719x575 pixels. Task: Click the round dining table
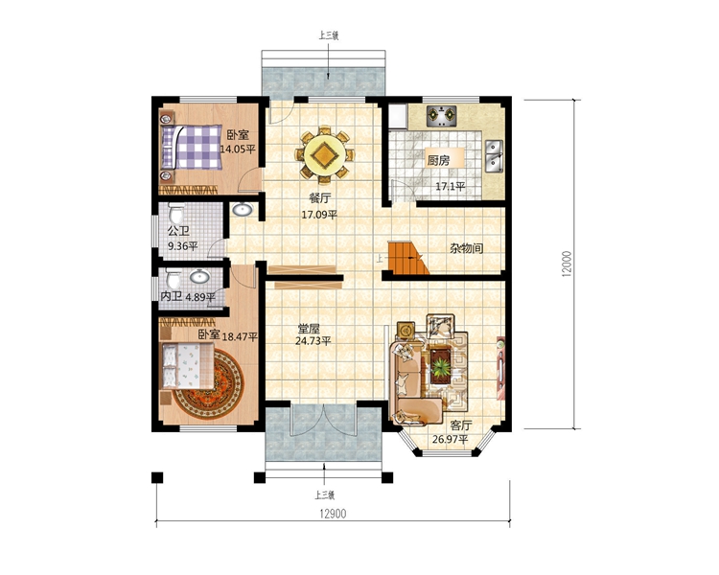(325, 154)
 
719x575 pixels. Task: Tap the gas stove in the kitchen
(441, 116)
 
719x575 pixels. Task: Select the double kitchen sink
(494, 156)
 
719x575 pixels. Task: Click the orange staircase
(408, 258)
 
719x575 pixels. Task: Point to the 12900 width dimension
(333, 514)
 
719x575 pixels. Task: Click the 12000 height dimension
(567, 264)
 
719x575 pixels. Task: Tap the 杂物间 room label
(466, 248)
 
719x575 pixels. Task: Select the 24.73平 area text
(313, 341)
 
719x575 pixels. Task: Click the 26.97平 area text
(451, 439)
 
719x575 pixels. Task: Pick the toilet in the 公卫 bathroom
(175, 213)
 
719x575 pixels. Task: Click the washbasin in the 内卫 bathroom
(200, 277)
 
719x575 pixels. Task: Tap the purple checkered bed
(191, 147)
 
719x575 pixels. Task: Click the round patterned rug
(209, 384)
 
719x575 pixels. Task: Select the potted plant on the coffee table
(442, 367)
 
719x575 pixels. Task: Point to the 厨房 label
(438, 160)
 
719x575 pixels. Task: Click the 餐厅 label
(320, 198)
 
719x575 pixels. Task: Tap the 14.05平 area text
(238, 149)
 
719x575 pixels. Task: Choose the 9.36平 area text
(183, 246)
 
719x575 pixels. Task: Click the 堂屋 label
(309, 329)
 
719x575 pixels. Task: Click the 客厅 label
(461, 425)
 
